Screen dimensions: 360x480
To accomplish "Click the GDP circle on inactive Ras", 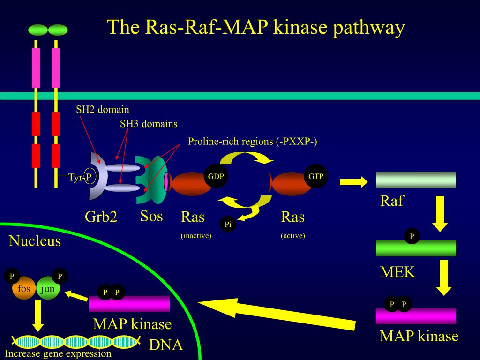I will coord(216,176).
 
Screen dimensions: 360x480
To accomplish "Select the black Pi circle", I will coord(228,225).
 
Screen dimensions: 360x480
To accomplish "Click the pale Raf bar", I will coord(416,180).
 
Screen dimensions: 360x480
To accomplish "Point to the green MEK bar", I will coord(416,248).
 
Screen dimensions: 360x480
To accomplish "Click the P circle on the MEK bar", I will coord(412,236).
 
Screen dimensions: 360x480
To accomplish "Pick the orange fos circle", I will coord(23,289).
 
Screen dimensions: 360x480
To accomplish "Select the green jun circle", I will coord(48,289).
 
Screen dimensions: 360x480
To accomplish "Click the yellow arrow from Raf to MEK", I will coord(440,214).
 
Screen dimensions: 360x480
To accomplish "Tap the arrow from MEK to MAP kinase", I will coord(443,277).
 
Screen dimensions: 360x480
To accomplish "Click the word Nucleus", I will coord(35,241).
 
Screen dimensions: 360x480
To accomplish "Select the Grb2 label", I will coord(101,217).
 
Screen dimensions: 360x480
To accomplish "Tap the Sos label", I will coord(151,216).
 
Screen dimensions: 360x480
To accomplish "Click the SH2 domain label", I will coord(103,110).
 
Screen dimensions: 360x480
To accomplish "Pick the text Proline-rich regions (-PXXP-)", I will coord(253,142).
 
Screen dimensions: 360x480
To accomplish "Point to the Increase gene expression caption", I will coord(58,354).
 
